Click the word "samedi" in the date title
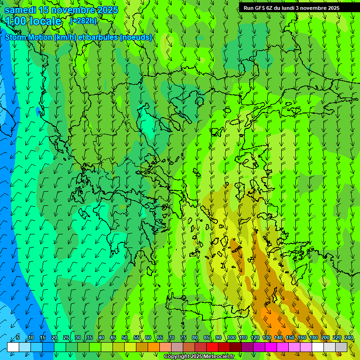[x=20, y=10]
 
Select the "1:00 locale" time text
[x=34, y=21]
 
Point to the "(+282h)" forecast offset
[x=83, y=21]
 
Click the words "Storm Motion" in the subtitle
[x=29, y=37]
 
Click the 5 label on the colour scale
[x=18, y=337]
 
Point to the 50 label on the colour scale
[x=125, y=337]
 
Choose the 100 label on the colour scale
[x=231, y=337]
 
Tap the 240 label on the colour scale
[x=349, y=337]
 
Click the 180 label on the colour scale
[x=313, y=337]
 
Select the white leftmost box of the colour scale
[x=13, y=347]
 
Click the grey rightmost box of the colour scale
[x=341, y=347]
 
